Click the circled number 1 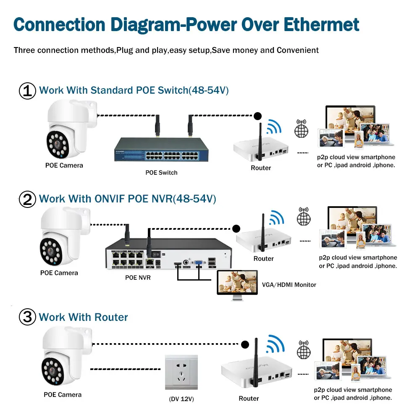(x=28, y=91)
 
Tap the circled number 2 (x=28, y=199)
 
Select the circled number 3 (x=28, y=317)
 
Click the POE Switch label (x=161, y=173)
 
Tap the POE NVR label (x=138, y=278)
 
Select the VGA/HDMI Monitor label (x=289, y=285)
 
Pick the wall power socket (x=181, y=372)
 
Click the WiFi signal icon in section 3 (x=276, y=344)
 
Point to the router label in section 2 (x=263, y=259)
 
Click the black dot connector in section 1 (x=257, y=115)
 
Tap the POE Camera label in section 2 (x=59, y=273)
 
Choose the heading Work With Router (x=83, y=317)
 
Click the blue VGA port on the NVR (x=197, y=265)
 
